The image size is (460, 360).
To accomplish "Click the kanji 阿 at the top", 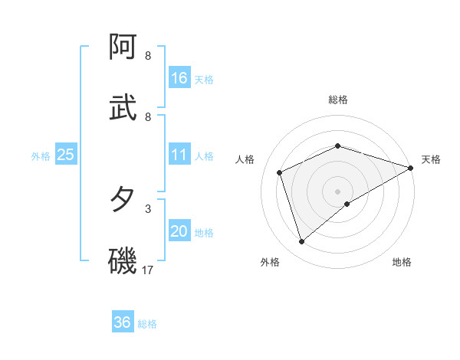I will tap(123, 47).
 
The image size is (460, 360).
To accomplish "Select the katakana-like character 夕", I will tap(123, 200).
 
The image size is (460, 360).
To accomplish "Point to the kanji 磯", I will tap(123, 260).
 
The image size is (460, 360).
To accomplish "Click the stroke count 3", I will tap(148, 208).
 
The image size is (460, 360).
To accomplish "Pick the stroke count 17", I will tap(148, 270).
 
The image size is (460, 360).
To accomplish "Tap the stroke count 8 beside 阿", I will tap(148, 56).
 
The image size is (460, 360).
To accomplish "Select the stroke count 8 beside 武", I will tap(148, 116).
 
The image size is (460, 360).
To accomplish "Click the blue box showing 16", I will tap(179, 77).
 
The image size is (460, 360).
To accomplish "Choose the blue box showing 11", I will tap(179, 155).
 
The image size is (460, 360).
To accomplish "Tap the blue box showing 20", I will tap(179, 231).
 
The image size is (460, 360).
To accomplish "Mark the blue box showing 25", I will tap(66, 155).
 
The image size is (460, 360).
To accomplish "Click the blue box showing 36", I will tap(123, 322).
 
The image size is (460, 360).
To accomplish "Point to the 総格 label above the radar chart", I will tap(338, 100).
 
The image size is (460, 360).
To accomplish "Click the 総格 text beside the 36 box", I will tap(147, 324).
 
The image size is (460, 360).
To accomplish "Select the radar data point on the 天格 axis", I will tap(412, 169).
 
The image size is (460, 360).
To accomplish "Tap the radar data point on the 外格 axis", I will tap(301, 242).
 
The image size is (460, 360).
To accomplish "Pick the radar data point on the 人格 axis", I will tap(280, 172).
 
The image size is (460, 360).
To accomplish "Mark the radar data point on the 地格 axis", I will tap(347, 204).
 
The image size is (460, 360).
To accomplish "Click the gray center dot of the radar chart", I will tap(338, 191).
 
